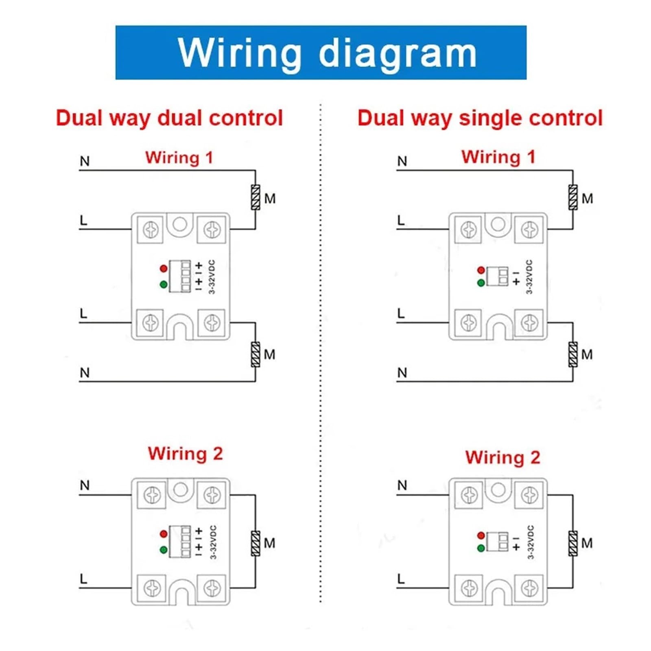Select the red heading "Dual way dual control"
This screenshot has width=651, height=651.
(169, 118)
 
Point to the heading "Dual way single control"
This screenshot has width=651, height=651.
(480, 118)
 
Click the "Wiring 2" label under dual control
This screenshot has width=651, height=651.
(186, 454)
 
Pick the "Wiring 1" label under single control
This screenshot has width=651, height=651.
(498, 157)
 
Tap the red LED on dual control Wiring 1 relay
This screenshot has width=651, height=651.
(164, 269)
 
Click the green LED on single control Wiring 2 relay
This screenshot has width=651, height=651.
(481, 548)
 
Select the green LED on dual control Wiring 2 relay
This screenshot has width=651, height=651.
(164, 550)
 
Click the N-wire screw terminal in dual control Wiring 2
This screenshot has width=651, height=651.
(152, 495)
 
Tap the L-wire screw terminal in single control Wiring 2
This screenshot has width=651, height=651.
(469, 588)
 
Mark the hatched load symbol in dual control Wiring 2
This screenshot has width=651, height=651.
(256, 544)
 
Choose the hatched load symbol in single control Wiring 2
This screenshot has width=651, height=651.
(573, 544)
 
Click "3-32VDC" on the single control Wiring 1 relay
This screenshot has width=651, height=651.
(529, 277)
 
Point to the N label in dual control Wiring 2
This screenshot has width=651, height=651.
(85, 485)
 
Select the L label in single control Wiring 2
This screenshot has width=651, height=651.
(401, 579)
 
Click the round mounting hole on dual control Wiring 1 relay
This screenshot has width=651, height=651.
(180, 224)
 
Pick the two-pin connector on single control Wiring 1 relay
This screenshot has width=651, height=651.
(497, 276)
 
